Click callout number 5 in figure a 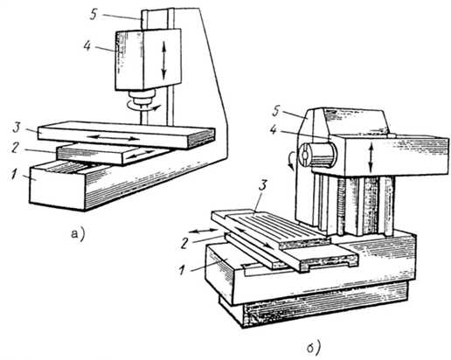[x=94, y=15]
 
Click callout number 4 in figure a [x=87, y=45]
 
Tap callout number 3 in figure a [x=17, y=128]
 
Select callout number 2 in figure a [x=14, y=148]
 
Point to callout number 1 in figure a [x=13, y=175]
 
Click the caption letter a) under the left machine [x=78, y=233]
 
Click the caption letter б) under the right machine [x=315, y=347]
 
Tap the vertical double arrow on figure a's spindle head [x=163, y=60]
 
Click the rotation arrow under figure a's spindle [x=142, y=107]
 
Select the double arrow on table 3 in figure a [x=113, y=137]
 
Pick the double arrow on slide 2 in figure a [x=141, y=154]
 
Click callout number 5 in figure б [x=275, y=113]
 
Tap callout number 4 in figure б [x=274, y=130]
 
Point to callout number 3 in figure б [x=262, y=186]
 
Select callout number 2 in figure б [x=184, y=243]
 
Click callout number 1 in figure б [x=182, y=271]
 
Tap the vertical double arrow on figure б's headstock [x=371, y=159]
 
